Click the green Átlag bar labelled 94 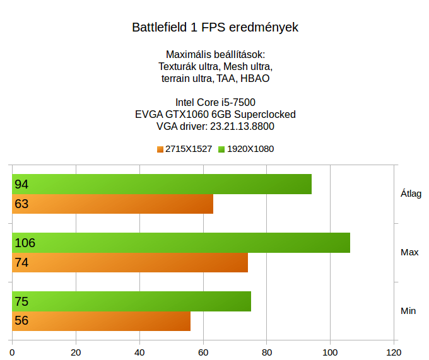[x=162, y=184]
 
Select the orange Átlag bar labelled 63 [x=113, y=204]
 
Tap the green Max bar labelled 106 [x=181, y=243]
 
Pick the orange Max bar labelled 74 [x=130, y=262]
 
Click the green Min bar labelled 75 [x=132, y=301]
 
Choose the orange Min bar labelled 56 [x=102, y=321]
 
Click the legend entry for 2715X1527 [x=184, y=149]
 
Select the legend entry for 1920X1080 [x=245, y=149]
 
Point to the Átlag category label [x=411, y=194]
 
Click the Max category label [x=409, y=252]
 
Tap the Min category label [x=408, y=311]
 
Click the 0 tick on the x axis [x=13, y=352]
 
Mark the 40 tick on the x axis [x=140, y=352]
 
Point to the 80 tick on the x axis [x=267, y=352]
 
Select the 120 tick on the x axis [x=394, y=352]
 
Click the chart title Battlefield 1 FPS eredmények [x=215, y=28]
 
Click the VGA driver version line [x=215, y=126]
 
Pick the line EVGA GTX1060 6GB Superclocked [x=215, y=114]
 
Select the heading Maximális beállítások [x=215, y=54]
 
